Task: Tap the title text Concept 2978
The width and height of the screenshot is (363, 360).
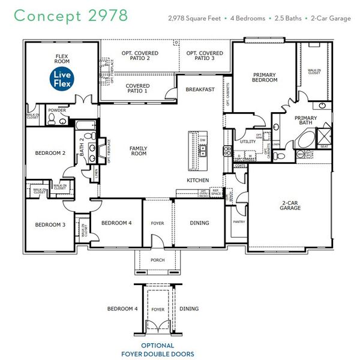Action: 70,16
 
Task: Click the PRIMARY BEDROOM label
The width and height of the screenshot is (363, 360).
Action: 265,77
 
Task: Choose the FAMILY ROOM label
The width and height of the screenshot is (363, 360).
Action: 139,151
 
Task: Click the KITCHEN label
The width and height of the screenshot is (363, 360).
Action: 197,180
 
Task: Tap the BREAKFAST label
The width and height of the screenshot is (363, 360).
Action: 200,89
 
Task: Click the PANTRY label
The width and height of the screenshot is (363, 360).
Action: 238,222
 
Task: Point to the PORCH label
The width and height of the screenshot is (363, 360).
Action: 157,260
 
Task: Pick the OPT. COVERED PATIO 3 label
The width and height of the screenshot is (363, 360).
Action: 205,56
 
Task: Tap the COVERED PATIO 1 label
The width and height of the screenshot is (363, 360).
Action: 137,89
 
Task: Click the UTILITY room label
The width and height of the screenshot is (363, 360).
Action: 248,142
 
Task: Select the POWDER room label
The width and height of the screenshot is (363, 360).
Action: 57,110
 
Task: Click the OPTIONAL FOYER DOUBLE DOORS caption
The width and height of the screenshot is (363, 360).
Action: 158,350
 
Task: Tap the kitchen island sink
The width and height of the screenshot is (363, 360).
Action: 203,148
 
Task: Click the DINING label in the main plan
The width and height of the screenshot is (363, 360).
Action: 200,223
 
